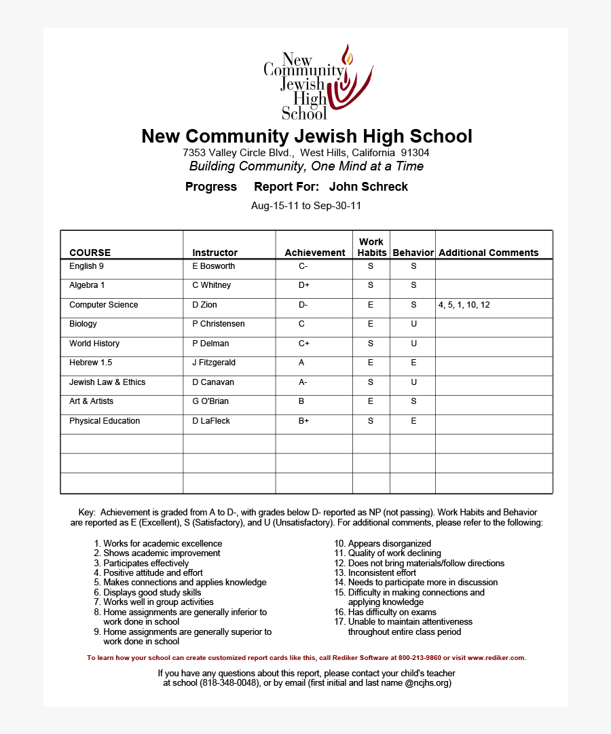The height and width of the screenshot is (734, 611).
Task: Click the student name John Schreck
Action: tap(368, 187)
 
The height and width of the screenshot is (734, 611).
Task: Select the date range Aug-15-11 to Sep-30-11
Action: tap(305, 206)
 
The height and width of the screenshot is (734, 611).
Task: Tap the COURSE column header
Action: tap(90, 253)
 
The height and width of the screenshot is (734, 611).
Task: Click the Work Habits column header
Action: tap(371, 247)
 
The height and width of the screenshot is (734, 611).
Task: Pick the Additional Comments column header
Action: tap(488, 253)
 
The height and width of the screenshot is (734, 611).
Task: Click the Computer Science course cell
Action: tap(103, 305)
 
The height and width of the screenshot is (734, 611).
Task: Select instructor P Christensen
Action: tap(218, 324)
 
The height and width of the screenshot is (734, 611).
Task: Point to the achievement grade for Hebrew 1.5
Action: tap(301, 363)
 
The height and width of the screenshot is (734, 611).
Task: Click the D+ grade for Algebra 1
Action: tap(303, 285)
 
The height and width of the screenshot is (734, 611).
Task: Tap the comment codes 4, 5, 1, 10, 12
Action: tap(464, 305)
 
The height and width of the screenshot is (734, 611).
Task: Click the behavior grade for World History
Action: tap(413, 344)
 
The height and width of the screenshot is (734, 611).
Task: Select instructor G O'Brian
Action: tap(210, 401)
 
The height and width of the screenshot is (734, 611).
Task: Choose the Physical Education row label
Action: tap(105, 421)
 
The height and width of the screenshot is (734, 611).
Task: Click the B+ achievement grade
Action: tap(303, 421)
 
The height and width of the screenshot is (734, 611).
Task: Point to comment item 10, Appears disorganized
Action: tap(383, 544)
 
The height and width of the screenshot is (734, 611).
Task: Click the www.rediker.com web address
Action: tap(496, 657)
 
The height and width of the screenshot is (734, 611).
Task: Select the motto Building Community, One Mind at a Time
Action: tap(306, 166)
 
